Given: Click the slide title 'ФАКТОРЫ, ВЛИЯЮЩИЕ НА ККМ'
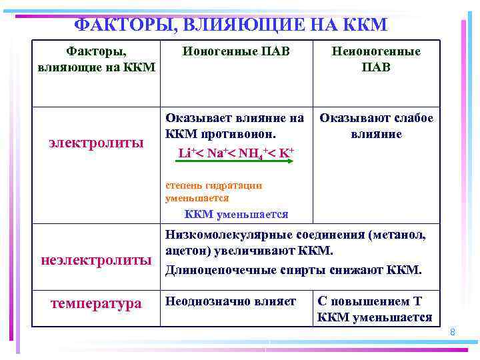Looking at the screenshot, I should pyautogui.click(x=230, y=25).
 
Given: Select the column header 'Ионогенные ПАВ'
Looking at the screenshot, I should pyautogui.click(x=237, y=51).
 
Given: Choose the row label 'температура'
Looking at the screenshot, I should pyautogui.click(x=97, y=303).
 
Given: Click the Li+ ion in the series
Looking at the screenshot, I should pyautogui.click(x=186, y=153).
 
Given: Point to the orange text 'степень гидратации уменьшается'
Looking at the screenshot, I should pyautogui.click(x=213, y=191).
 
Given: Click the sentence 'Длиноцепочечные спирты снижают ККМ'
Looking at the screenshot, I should pyautogui.click(x=293, y=269).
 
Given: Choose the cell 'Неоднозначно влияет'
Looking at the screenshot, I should pyautogui.click(x=230, y=301).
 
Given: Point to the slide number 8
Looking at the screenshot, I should pyautogui.click(x=452, y=331).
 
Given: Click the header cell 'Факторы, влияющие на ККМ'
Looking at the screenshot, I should pyautogui.click(x=97, y=59).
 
